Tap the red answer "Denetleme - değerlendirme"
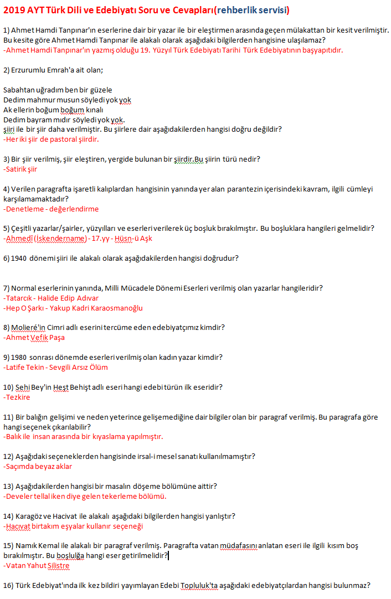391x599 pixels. [51, 209]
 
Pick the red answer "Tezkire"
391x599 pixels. [17, 397]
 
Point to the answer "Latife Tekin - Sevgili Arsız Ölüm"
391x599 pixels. [55, 367]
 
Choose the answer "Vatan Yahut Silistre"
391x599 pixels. [37, 565]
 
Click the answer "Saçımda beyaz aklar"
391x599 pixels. [38, 466]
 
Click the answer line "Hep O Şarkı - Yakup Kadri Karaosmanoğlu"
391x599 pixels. [73, 308]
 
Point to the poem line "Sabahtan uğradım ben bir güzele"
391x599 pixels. [58, 90]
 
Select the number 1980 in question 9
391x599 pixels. [20, 357]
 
